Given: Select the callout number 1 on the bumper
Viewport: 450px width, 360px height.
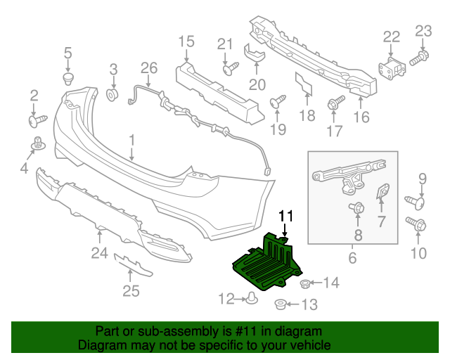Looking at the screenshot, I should tap(131, 141).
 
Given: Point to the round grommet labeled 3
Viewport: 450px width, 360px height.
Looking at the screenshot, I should tap(111, 94).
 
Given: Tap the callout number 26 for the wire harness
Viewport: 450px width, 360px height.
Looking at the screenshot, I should tap(148, 68).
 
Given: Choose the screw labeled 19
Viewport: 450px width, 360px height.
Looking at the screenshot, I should tap(276, 103).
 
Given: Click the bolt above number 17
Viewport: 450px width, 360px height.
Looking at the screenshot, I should tap(333, 105).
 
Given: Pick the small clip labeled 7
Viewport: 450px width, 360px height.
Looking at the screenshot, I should tap(384, 192).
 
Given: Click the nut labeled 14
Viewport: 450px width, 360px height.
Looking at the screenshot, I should tap(305, 283).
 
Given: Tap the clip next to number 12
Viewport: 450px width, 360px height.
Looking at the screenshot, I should tap(250, 301).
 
